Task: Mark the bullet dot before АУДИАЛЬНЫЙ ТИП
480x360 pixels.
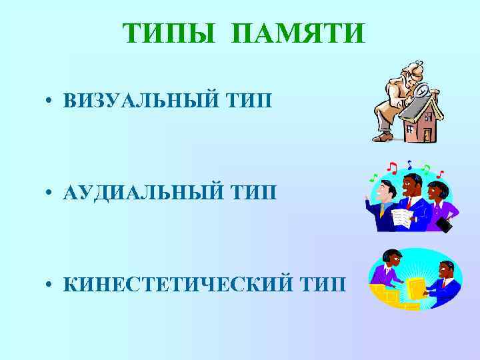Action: pyautogui.click(x=50, y=194)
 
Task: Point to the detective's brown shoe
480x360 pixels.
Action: pyautogui.click(x=383, y=137)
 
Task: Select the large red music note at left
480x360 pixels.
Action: pyautogui.click(x=393, y=167)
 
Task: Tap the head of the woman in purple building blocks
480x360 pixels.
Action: pyautogui.click(x=391, y=257)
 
